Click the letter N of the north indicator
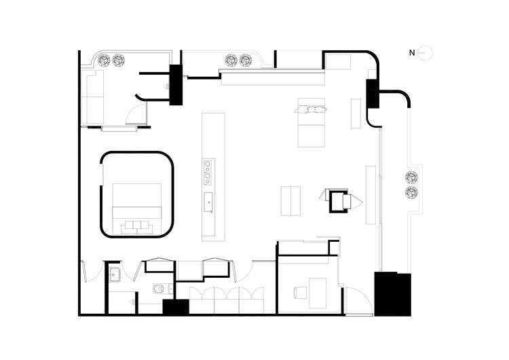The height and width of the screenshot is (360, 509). [411, 52]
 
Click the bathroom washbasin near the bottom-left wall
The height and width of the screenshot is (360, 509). [115, 275]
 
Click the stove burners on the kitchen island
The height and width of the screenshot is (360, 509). [207, 171]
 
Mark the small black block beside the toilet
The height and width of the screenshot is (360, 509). [175, 307]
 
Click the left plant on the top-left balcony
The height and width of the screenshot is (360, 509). [105, 61]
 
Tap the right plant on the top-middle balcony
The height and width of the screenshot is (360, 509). [246, 61]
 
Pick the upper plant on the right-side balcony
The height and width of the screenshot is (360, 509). [411, 179]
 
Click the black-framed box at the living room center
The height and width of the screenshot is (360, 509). [337, 201]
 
